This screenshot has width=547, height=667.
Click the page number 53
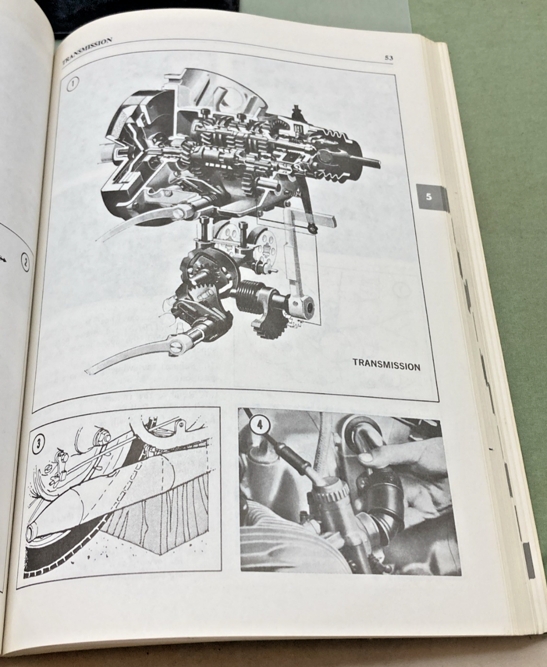coord(388,58)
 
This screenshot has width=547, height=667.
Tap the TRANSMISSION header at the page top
coord(87,51)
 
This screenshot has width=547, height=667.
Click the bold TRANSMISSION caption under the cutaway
coord(387,365)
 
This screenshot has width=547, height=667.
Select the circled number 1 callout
coord(73,84)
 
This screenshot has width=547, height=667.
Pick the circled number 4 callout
coord(259,425)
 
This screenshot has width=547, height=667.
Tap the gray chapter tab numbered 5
coord(429,197)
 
